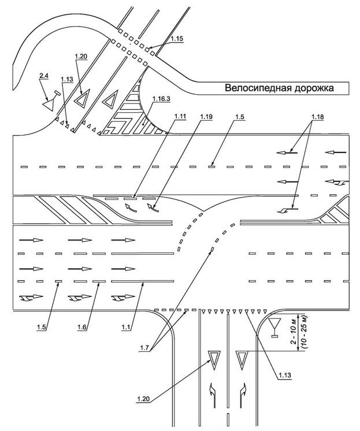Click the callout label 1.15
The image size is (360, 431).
(x=177, y=39)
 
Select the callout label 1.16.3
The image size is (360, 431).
(x=161, y=99)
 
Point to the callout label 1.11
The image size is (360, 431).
(x=180, y=117)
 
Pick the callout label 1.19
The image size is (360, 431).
(x=206, y=117)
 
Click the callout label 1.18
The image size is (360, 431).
(x=318, y=117)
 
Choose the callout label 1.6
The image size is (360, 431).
(x=82, y=327)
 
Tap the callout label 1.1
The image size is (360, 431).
(x=126, y=327)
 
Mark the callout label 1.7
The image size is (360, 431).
(x=144, y=348)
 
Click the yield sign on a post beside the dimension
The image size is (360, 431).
(x=274, y=328)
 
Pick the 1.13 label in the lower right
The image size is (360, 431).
(x=285, y=375)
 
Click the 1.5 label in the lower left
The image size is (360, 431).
(x=42, y=327)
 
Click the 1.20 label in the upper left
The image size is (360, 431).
(x=81, y=57)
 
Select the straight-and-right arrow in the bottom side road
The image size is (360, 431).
(x=243, y=395)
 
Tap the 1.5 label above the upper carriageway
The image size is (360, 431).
(x=240, y=117)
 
